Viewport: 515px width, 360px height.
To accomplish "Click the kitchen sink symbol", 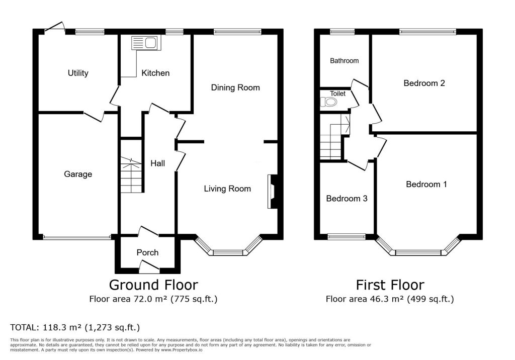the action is (146, 43).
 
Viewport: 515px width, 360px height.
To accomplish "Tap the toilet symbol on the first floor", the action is (328, 103).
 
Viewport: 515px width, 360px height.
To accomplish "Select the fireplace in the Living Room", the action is (273, 191).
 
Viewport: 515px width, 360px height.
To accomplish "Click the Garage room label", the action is (78, 174).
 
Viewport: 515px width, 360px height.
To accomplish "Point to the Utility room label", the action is (78, 73).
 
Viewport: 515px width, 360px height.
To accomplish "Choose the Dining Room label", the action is (235, 87).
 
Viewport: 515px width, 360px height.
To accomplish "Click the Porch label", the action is (147, 252).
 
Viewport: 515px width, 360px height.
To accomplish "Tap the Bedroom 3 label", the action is (347, 199).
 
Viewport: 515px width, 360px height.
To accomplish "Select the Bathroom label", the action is (344, 61).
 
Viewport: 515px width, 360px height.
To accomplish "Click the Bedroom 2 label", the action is (424, 83).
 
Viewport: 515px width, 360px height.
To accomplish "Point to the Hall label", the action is (157, 163).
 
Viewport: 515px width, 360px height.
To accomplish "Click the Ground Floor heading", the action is (153, 285).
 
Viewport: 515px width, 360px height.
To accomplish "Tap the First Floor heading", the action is (390, 285).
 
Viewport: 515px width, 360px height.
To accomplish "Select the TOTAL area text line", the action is (75, 327).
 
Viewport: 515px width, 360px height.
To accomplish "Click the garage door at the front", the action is (77, 237).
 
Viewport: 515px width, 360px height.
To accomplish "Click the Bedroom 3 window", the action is (347, 236).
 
